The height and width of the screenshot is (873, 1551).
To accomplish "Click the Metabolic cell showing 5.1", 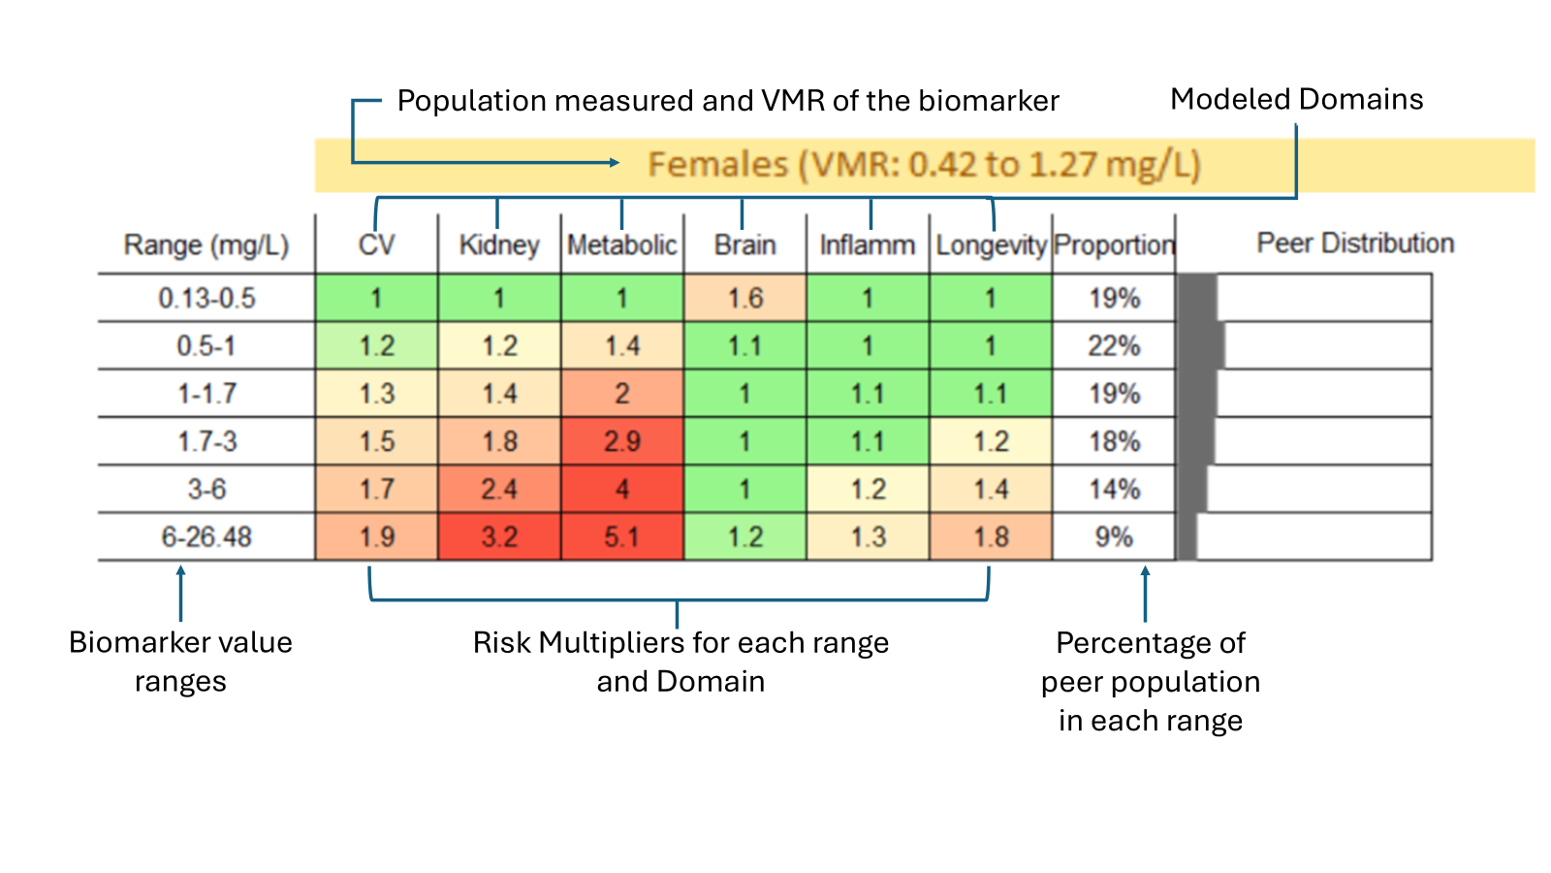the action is click(621, 536).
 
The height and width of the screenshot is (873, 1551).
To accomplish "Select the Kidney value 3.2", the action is click(499, 536).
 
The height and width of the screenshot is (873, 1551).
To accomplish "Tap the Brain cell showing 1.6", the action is click(745, 298).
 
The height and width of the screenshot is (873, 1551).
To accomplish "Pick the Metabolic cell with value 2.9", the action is click(621, 441).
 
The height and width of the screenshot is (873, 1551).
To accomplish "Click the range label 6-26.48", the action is click(206, 537).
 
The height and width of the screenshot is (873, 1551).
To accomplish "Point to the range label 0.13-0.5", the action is click(206, 299).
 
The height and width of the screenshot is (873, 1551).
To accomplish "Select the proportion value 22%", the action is click(1114, 345).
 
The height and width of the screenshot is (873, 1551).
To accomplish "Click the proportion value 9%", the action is click(1114, 537).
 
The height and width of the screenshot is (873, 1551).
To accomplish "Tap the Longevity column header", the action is click(991, 245).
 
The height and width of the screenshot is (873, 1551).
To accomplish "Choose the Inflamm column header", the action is click(868, 245).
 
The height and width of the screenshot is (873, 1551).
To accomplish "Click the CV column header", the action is click(377, 245).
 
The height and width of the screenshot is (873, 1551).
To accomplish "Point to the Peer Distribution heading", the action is click(1355, 243).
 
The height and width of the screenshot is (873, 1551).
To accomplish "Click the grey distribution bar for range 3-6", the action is click(1192, 489).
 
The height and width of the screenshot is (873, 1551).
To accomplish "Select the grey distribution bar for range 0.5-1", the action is click(1201, 345).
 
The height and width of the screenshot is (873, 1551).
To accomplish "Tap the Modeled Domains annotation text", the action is click(1296, 99).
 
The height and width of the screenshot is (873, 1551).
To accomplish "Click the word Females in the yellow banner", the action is click(718, 165).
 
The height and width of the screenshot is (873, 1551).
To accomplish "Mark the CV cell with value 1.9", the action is click(377, 536).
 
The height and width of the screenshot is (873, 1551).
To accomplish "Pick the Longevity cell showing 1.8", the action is click(991, 536).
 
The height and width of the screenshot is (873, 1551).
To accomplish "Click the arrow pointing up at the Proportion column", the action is click(1145, 594).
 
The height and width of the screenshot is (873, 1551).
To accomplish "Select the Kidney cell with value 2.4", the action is click(499, 489).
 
